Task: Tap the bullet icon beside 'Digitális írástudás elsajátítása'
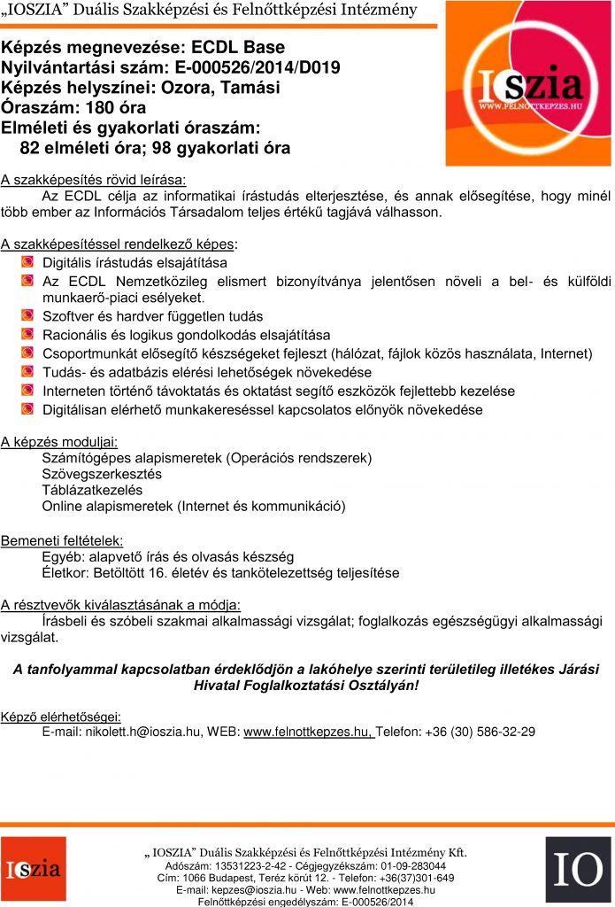pyautogui.click(x=27, y=263)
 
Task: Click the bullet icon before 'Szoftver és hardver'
pyautogui.click(x=27, y=316)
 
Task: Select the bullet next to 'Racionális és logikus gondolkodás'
pyautogui.click(x=27, y=335)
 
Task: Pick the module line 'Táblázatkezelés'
pyautogui.click(x=92, y=490)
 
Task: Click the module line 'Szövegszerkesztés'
pyautogui.click(x=102, y=474)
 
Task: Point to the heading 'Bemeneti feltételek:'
pyautogui.click(x=62, y=539)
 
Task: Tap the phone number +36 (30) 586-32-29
pyautogui.click(x=480, y=732)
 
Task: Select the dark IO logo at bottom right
pyautogui.click(x=578, y=869)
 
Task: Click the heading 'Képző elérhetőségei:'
pyautogui.click(x=61, y=716)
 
